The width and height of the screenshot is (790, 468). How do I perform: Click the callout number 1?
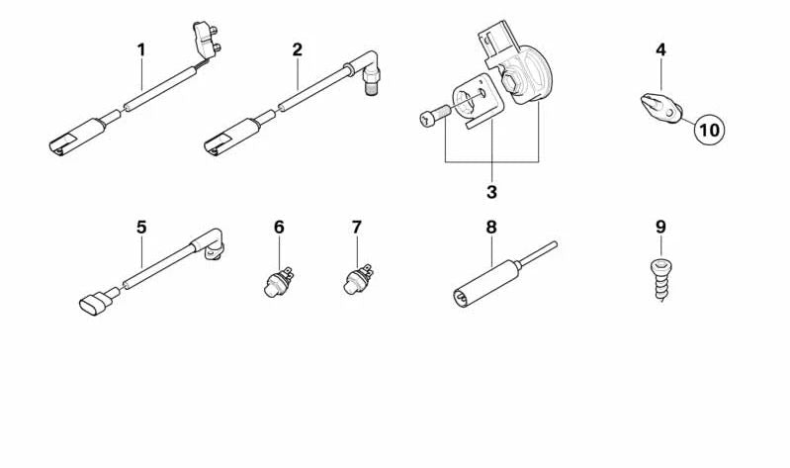point(141,48)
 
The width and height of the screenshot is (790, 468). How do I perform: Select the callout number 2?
point(297,48)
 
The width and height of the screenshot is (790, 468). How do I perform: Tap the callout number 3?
point(491,191)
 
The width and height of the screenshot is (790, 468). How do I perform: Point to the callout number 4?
point(660,48)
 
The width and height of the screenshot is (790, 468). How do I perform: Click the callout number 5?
point(141,228)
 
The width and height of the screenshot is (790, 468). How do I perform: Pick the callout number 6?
point(279,228)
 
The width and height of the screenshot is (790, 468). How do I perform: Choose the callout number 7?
point(357,228)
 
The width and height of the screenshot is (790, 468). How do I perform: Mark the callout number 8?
point(490,228)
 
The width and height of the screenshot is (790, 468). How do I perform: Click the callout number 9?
point(660,228)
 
